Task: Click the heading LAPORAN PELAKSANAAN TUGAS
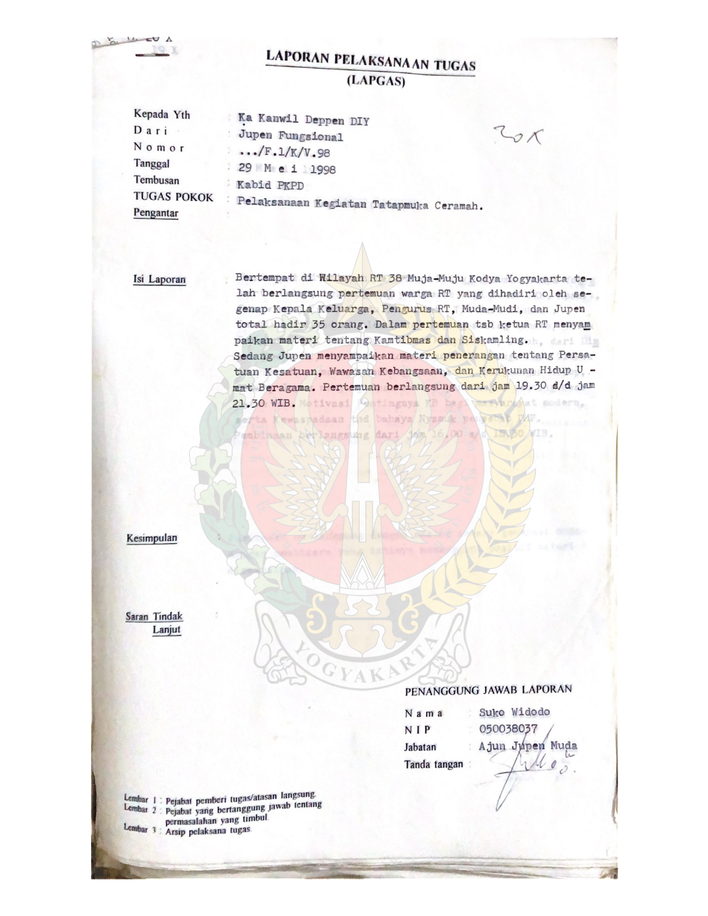pyautogui.click(x=370, y=62)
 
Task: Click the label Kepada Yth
pyautogui.click(x=162, y=115)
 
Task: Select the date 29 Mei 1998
pyautogui.click(x=287, y=169)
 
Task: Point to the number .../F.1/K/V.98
pyautogui.click(x=284, y=154)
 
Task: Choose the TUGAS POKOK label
pyautogui.click(x=173, y=197)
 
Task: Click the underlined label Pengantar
pyautogui.click(x=155, y=213)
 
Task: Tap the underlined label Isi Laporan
pyautogui.click(x=159, y=279)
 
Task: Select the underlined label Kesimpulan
pyautogui.click(x=152, y=538)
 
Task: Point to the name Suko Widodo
pyautogui.click(x=515, y=712)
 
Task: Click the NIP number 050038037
pyautogui.click(x=508, y=729)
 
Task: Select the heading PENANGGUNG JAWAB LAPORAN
pyautogui.click(x=488, y=690)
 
